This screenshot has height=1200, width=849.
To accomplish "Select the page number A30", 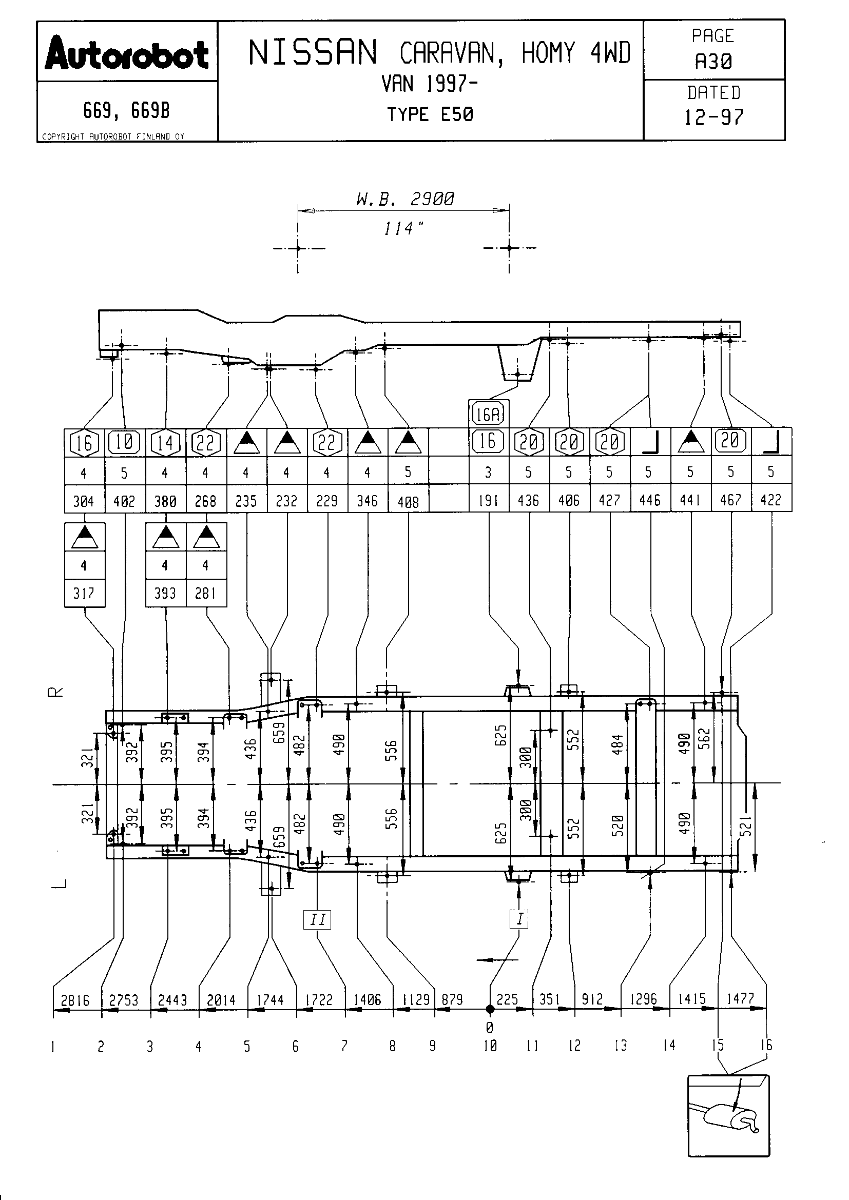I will click(713, 62).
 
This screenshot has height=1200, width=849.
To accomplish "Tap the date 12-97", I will click(713, 117).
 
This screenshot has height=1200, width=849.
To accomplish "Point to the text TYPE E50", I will click(430, 114).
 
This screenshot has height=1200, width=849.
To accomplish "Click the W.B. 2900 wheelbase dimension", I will click(404, 199).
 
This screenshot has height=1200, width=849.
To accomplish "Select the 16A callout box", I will click(488, 415).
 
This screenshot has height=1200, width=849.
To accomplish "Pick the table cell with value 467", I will click(730, 500).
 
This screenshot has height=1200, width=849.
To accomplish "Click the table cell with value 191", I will click(488, 501).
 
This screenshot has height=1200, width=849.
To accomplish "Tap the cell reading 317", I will click(84, 593).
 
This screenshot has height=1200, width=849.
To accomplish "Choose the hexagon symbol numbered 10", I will click(124, 442).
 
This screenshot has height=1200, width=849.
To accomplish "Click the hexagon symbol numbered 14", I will click(165, 443).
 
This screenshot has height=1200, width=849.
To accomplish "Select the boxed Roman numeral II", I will click(317, 919).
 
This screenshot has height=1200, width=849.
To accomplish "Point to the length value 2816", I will click(75, 1000).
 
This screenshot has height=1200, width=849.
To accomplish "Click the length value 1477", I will click(740, 999).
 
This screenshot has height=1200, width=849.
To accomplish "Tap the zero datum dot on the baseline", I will click(490, 1009).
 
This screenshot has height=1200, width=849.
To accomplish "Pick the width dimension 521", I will click(746, 825).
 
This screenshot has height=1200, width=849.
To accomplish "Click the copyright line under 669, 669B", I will click(113, 137).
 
